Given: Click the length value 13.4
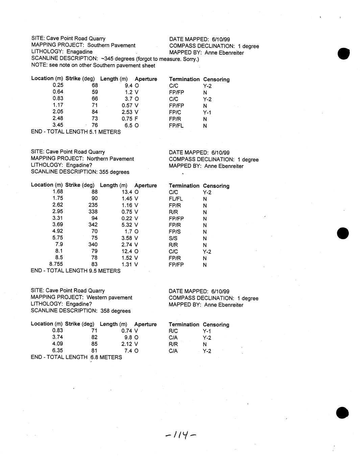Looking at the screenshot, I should click(127, 192).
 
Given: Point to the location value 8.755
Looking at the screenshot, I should click(56, 264).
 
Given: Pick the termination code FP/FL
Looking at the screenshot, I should click(176, 126).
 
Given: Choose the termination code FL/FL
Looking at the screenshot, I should click(176, 199).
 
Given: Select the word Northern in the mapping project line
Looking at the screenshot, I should click(97, 159).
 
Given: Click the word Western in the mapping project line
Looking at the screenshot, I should click(96, 297).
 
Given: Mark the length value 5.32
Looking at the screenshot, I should click(126, 225).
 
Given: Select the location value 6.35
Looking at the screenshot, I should click(57, 351).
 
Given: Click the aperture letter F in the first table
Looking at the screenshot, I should click(136, 119).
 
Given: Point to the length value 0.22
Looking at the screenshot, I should click(126, 218).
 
